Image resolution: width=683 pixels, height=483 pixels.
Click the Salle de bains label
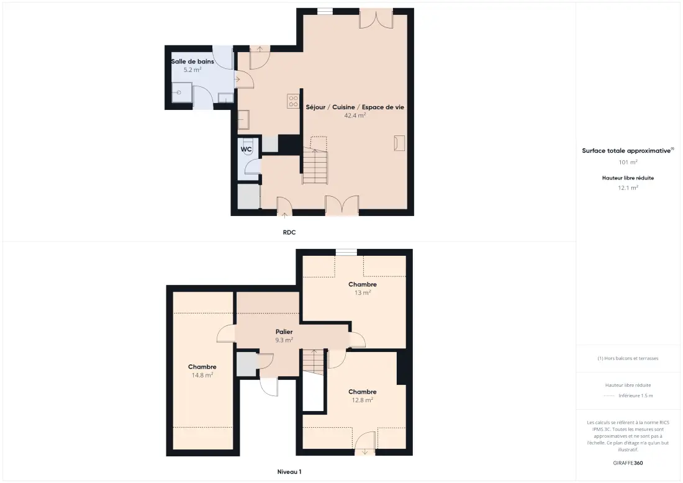pyautogui.click(x=192, y=61)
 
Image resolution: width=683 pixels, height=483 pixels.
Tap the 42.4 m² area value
pyautogui.click(x=355, y=115)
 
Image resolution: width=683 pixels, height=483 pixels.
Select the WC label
pyautogui.click(x=246, y=150)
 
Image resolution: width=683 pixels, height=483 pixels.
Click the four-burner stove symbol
pyautogui.click(x=293, y=101)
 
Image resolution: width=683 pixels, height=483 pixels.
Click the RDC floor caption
pyautogui.click(x=289, y=233)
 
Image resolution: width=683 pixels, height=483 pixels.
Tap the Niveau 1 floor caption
pyautogui.click(x=289, y=472)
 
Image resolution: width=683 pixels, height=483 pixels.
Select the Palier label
pyautogui.click(x=284, y=332)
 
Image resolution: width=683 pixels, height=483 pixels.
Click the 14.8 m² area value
pyautogui.click(x=202, y=375)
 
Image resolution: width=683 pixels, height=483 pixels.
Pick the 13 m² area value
pyautogui.click(x=363, y=292)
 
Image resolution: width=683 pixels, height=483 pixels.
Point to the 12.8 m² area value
pyautogui.click(x=363, y=400)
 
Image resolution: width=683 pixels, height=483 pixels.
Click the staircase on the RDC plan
pyautogui.click(x=315, y=160)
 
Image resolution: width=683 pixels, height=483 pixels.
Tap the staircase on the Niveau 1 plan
pyautogui.click(x=314, y=361)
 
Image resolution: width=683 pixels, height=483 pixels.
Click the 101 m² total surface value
pyautogui.click(x=628, y=162)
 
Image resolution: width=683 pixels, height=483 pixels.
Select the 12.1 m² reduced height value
pyautogui.click(x=628, y=187)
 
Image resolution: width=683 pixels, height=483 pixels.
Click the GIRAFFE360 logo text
pyautogui.click(x=628, y=463)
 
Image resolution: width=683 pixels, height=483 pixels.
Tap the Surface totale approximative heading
pyautogui.click(x=628, y=151)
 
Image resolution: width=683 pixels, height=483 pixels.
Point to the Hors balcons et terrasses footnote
pyautogui.click(x=628, y=358)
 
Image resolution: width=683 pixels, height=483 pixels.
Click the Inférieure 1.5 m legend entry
pyautogui.click(x=636, y=395)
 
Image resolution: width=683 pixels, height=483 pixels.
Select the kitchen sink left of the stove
pyautogui.click(x=243, y=120)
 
